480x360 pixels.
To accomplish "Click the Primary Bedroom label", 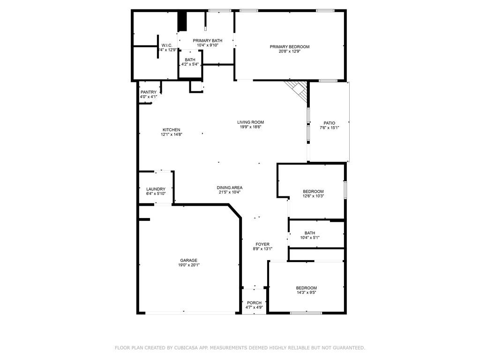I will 289,46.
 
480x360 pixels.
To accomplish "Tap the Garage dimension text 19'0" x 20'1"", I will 188,265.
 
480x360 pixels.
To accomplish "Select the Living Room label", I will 250,122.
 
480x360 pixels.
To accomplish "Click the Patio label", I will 329,123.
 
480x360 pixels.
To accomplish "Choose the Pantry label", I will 148,92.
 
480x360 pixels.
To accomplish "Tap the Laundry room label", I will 156,189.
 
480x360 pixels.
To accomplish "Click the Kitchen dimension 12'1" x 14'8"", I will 171,135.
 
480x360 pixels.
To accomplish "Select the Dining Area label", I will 229,187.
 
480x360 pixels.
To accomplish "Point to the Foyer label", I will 262,244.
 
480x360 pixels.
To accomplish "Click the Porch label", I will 254,303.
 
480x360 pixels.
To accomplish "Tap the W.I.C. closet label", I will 167,45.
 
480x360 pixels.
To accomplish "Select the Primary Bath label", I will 207,41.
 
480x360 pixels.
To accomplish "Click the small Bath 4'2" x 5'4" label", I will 190,60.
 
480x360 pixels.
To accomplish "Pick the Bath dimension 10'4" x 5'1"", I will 309,238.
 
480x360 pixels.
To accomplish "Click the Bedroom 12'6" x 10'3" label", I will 313,191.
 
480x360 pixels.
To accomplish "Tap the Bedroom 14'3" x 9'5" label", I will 306,288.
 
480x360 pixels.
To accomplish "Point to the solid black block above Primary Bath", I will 182,22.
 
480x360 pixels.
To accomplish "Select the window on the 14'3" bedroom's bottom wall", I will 306,313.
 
